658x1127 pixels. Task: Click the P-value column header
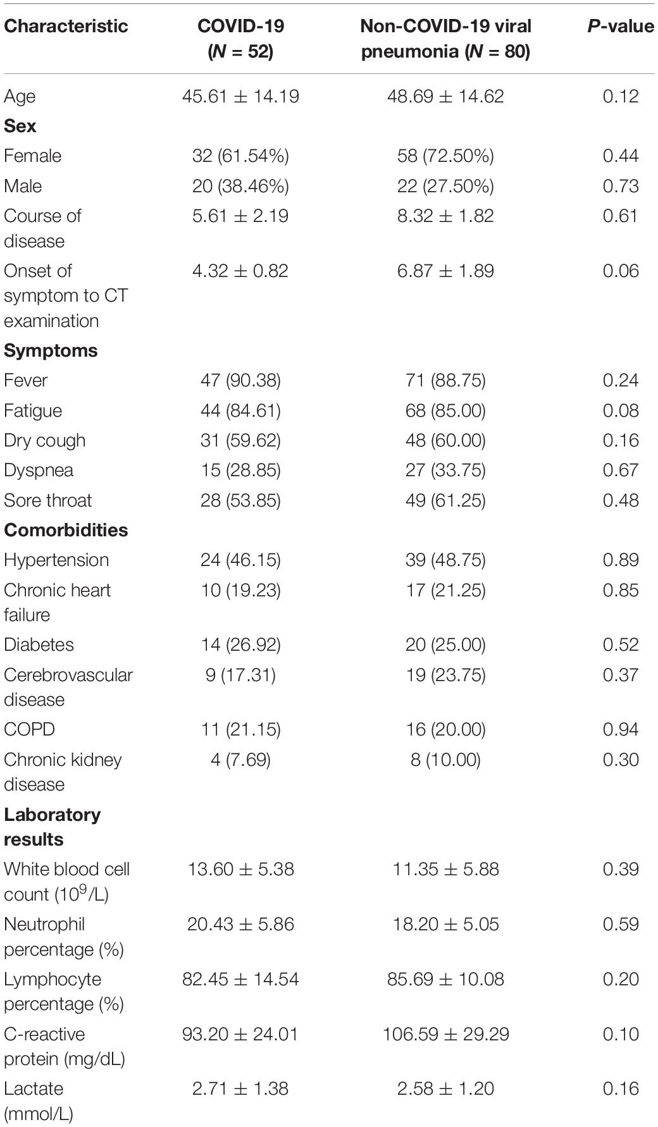(x=620, y=26)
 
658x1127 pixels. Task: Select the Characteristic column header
(x=66, y=26)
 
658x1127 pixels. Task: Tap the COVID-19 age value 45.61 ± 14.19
(x=240, y=96)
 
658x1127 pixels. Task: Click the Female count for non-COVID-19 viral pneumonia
(x=445, y=156)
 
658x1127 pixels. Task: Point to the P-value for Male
(x=620, y=186)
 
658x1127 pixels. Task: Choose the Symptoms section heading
(x=51, y=350)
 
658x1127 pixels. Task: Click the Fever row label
(x=25, y=380)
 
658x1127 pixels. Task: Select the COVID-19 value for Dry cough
(x=240, y=440)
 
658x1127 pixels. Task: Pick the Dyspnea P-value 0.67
(x=620, y=470)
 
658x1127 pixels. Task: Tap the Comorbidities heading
(x=66, y=530)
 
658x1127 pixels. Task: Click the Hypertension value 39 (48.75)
(x=445, y=560)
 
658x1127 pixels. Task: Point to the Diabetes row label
(x=39, y=644)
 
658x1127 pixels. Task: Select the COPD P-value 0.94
(x=620, y=729)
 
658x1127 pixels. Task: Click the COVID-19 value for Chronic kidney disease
(x=240, y=759)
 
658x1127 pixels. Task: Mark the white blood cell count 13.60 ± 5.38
(x=240, y=869)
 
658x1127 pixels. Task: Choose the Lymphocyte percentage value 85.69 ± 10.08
(x=445, y=979)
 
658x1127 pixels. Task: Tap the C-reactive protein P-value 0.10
(x=620, y=1034)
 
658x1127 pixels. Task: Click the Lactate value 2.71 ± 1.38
(x=240, y=1088)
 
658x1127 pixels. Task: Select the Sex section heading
(x=20, y=126)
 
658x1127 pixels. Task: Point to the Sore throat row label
(x=47, y=500)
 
